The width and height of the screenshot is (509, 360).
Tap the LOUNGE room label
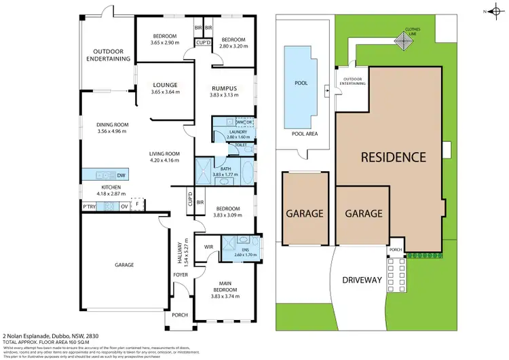point(165,84)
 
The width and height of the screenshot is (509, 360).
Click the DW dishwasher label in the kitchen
point(121,175)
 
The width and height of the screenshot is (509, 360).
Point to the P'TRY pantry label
point(88,206)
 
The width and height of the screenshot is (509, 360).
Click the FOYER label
point(179,275)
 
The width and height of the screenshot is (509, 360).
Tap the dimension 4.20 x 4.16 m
point(164,161)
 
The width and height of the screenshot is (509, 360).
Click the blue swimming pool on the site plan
point(300,83)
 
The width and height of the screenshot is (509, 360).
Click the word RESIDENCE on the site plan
point(393,158)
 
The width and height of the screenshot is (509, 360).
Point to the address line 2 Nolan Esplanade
point(43,335)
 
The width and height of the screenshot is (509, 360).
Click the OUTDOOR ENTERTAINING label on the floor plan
point(111,54)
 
